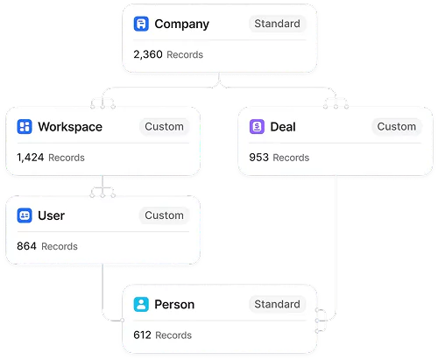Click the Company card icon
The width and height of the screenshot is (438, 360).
[x=141, y=24]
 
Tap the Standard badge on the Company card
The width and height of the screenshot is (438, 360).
[x=277, y=24]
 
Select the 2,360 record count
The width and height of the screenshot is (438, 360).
[x=148, y=54]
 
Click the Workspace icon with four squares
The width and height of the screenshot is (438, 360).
[x=25, y=127]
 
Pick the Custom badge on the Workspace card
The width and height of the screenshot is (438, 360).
[x=164, y=127]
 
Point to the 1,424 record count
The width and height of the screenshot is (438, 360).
[x=31, y=158]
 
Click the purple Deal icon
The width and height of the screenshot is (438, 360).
[x=257, y=127]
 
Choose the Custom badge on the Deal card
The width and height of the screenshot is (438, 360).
[x=397, y=127]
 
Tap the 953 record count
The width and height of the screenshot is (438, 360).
[x=258, y=158]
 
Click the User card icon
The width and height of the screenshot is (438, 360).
[x=25, y=215]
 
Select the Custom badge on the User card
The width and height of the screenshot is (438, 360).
[x=164, y=215]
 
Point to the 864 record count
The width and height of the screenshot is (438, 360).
[x=26, y=246]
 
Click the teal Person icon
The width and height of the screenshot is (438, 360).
[x=141, y=304]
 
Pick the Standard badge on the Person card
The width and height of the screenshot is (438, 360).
[x=277, y=304]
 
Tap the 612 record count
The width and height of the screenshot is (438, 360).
[x=142, y=335]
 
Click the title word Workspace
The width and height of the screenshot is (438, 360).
[x=70, y=127]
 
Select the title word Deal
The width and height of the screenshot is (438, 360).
[x=283, y=127]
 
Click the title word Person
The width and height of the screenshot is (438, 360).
[x=174, y=305]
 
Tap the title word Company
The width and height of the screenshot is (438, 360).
[x=181, y=25]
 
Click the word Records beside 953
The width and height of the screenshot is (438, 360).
[x=291, y=158]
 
